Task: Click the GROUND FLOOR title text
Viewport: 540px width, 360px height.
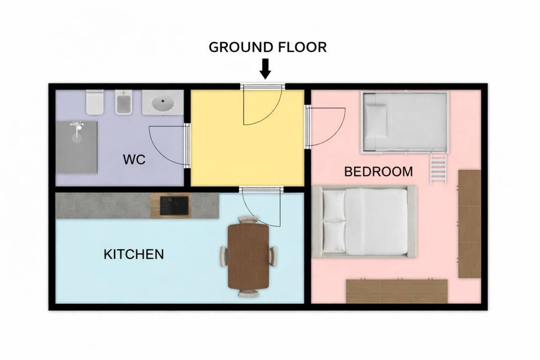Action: pyautogui.click(x=268, y=47)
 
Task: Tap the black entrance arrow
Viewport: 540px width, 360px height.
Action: pyautogui.click(x=265, y=69)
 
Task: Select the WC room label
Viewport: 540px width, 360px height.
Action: pyautogui.click(x=135, y=159)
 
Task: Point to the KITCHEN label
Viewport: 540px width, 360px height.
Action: pyautogui.click(x=134, y=254)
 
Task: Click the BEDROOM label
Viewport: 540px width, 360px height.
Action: pyautogui.click(x=378, y=172)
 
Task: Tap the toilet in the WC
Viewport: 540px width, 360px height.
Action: pyautogui.click(x=95, y=102)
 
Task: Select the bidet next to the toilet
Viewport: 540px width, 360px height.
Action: pyautogui.click(x=123, y=102)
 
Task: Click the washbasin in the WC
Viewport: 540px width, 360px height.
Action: pyautogui.click(x=163, y=102)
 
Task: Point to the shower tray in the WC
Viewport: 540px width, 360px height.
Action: pyautogui.click(x=76, y=147)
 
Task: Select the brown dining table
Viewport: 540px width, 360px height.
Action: pyautogui.click(x=248, y=257)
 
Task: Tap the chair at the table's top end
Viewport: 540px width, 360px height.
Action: pyautogui.click(x=248, y=219)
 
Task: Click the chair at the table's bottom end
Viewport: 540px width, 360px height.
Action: pyautogui.click(x=248, y=293)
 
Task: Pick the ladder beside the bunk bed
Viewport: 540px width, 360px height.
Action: pyautogui.click(x=438, y=168)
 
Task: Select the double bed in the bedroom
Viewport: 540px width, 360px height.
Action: pyautogui.click(x=364, y=222)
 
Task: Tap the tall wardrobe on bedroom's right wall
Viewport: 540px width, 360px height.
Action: pyautogui.click(x=469, y=224)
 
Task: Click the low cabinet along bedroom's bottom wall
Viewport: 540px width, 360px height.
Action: pyautogui.click(x=397, y=291)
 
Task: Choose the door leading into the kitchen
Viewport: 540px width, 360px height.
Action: pyautogui.click(x=262, y=207)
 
